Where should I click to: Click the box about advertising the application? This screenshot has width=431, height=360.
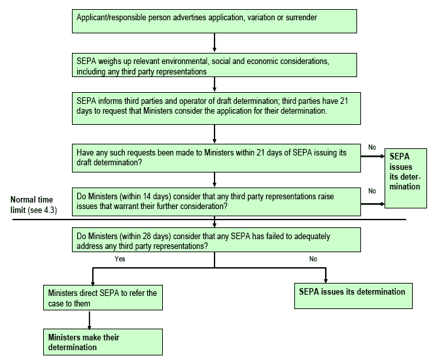click(x=215, y=22)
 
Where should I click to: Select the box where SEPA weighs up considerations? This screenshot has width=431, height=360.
click(x=215, y=65)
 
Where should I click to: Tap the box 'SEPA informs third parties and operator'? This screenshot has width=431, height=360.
click(x=216, y=108)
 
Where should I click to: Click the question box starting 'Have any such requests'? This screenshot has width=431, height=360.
click(x=216, y=158)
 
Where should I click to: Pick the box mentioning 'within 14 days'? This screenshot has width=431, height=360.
click(x=216, y=202)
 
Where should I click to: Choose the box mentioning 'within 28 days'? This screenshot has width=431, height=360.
click(x=216, y=240)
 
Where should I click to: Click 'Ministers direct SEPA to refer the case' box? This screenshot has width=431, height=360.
click(x=103, y=298)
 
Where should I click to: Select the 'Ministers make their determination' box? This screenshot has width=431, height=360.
click(x=103, y=342)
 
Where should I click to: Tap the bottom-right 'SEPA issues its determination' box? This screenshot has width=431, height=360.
click(x=353, y=296)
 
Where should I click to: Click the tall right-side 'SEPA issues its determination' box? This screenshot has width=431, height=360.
click(x=405, y=178)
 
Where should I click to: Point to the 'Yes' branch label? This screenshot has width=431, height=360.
click(x=120, y=259)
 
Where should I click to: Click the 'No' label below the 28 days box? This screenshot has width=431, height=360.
click(x=313, y=259)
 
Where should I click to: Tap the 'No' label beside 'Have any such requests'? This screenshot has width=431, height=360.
click(x=372, y=148)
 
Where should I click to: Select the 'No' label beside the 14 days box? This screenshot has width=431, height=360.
click(x=372, y=191)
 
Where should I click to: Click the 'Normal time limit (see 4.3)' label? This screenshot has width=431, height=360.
click(x=33, y=205)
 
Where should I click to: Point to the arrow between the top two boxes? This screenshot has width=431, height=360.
click(x=215, y=42)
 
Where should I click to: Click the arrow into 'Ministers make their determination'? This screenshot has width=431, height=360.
click(x=90, y=320)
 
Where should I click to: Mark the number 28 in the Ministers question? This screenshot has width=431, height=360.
click(x=147, y=237)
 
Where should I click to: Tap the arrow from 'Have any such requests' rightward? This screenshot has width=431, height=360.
click(x=373, y=156)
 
